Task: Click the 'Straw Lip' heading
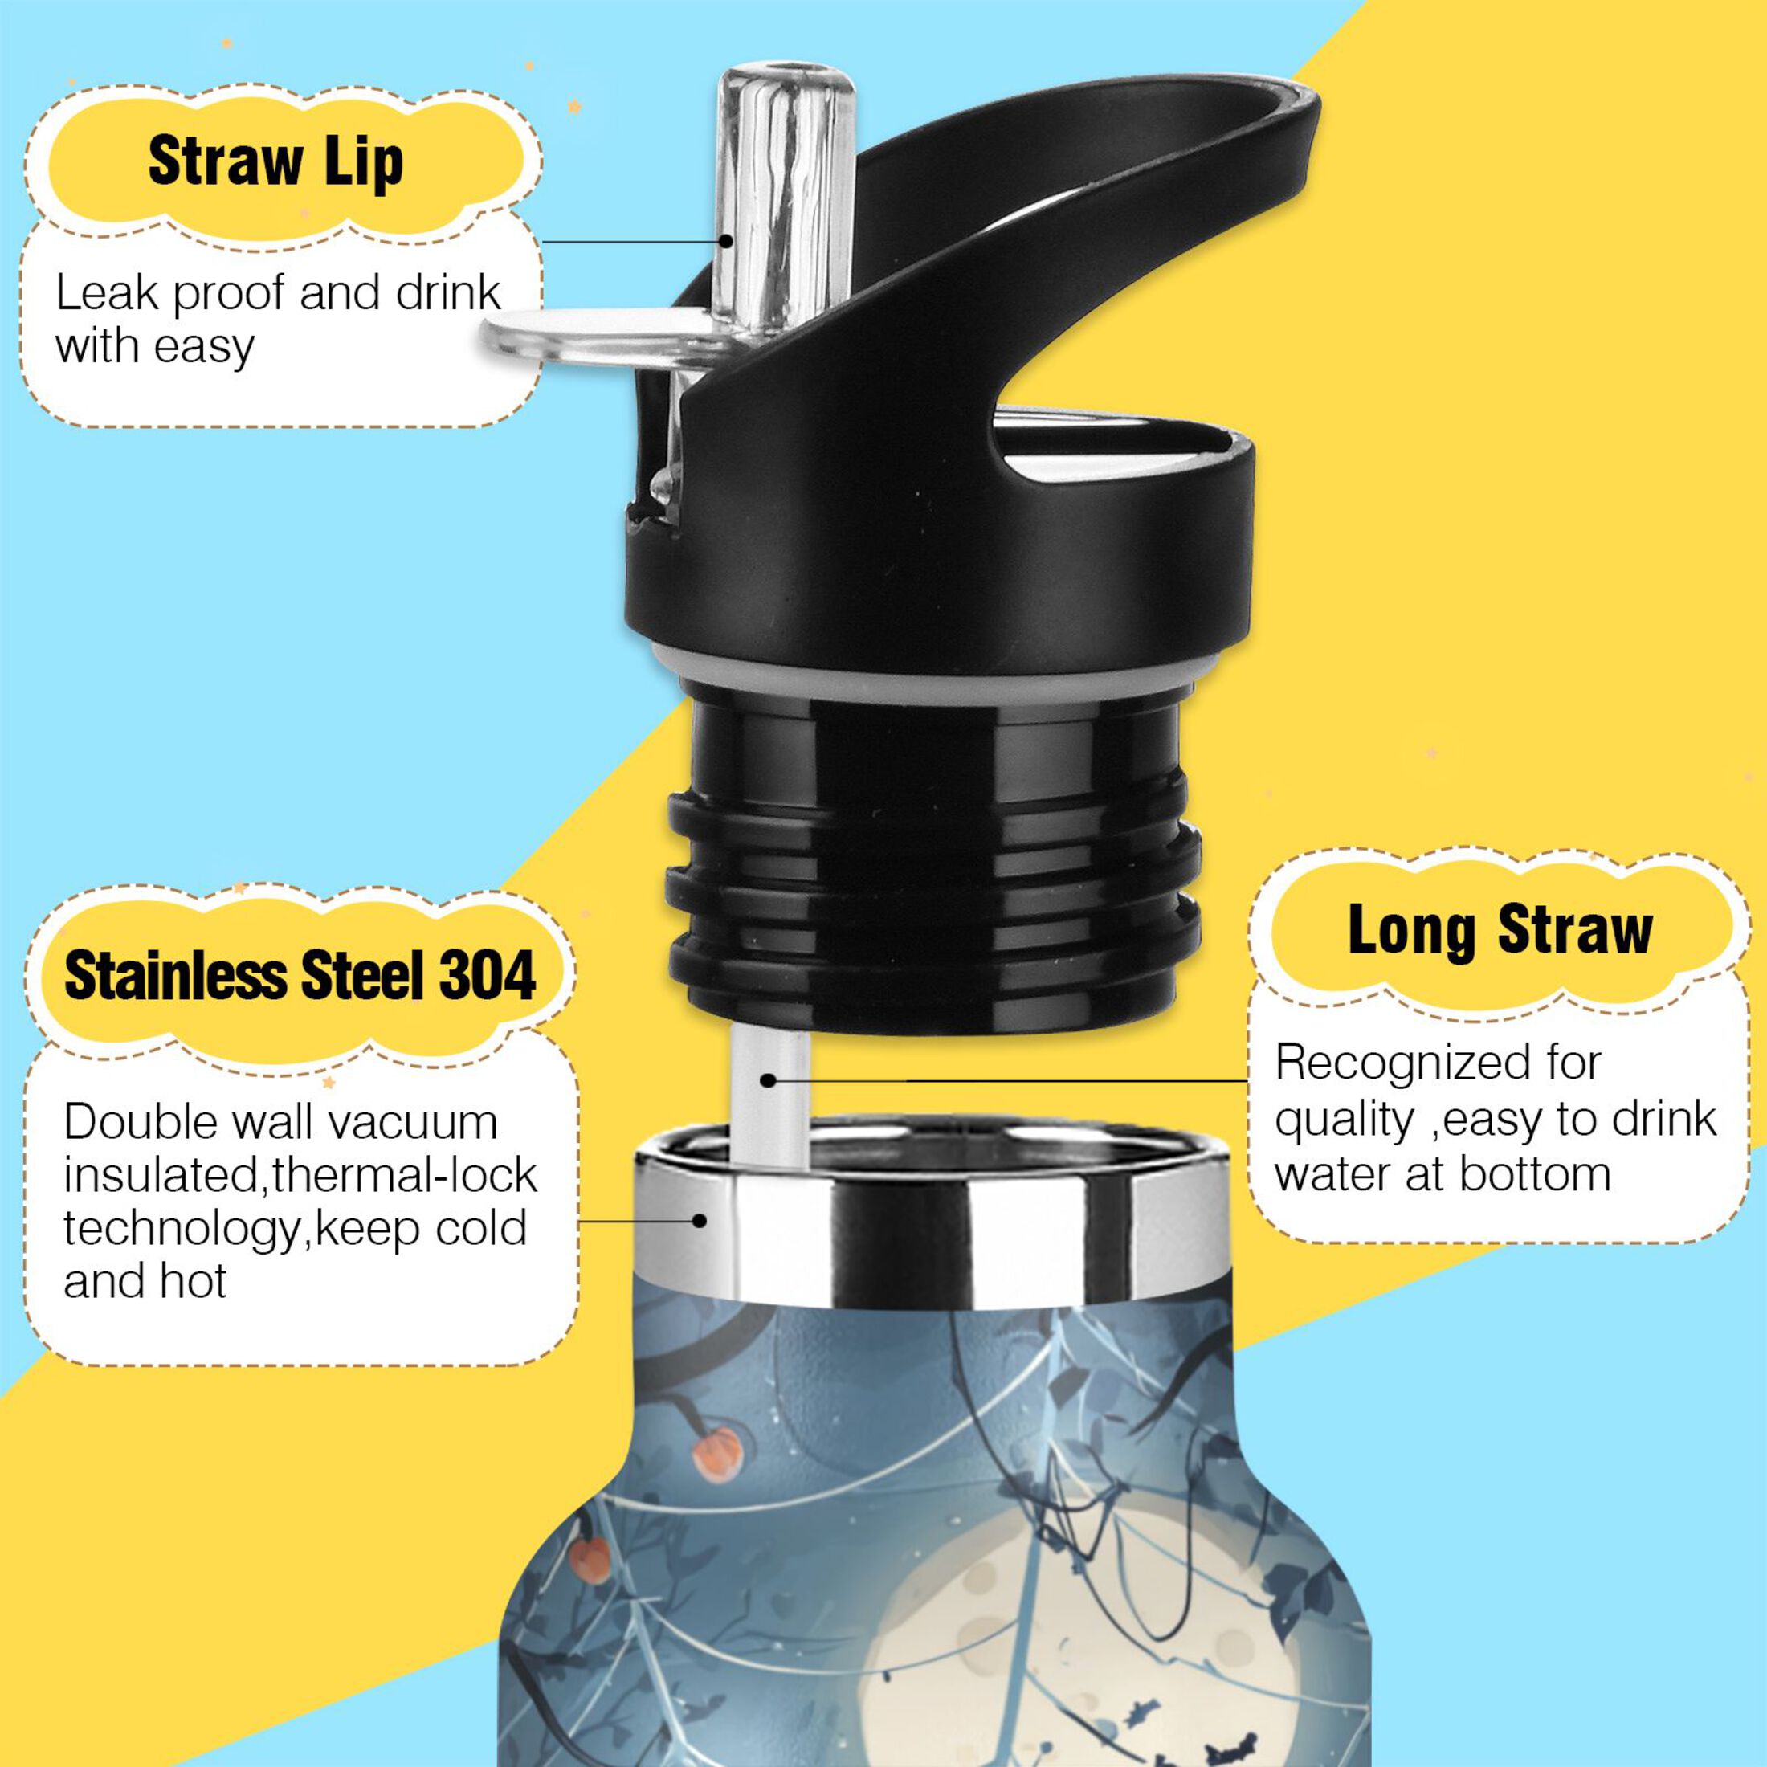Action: (275, 162)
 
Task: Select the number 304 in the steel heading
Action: (488, 976)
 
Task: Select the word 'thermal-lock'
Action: (404, 1175)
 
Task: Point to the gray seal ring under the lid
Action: (932, 672)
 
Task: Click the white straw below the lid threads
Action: (770, 1097)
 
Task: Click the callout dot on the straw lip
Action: (725, 242)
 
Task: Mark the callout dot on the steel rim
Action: (700, 1220)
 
